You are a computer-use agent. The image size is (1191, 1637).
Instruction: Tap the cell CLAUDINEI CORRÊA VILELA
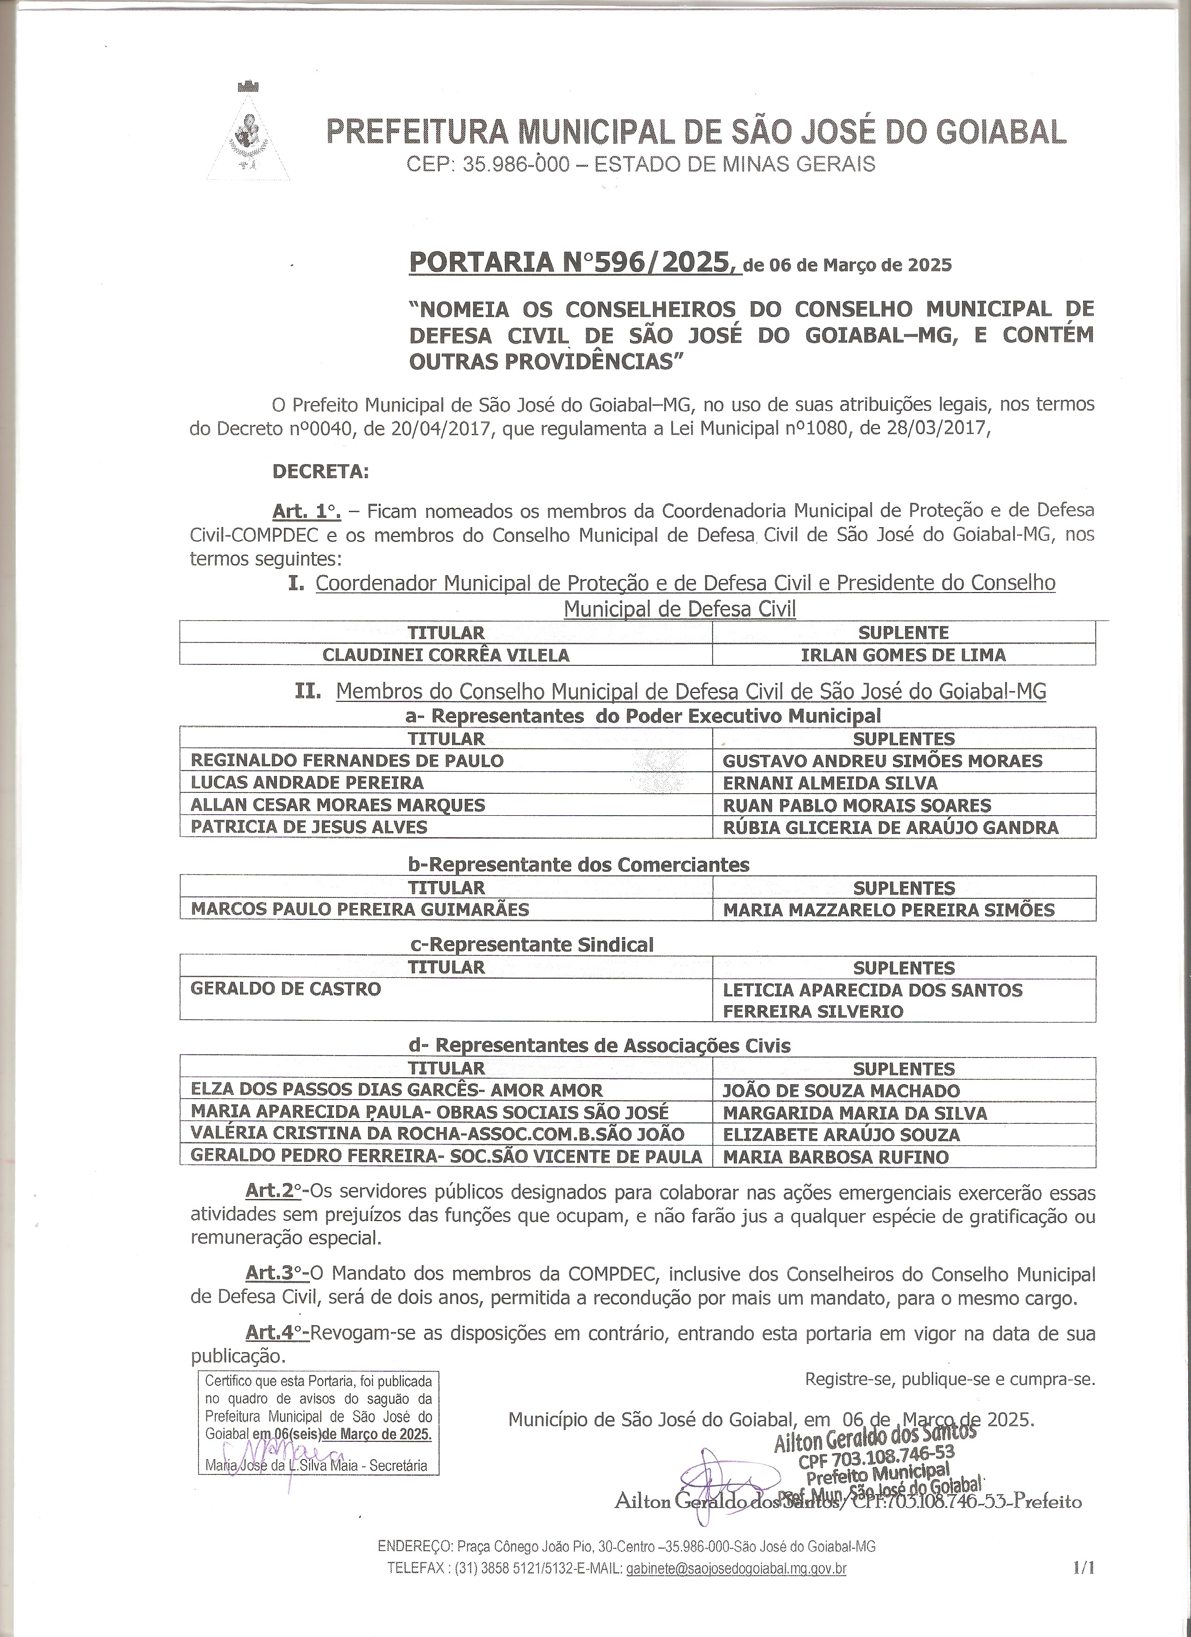pos(446,656)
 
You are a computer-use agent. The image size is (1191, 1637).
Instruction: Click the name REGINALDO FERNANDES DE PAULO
pos(347,761)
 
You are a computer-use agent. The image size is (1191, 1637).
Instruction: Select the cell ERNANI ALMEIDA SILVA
pos(830,783)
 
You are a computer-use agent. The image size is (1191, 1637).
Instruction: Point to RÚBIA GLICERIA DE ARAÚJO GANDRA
pos(891,827)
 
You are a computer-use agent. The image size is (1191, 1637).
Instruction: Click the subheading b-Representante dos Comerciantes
pos(578,865)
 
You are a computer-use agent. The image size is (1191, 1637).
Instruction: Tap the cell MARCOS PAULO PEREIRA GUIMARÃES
pos(360,910)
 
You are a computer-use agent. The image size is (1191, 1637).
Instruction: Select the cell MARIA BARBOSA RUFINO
pos(836,1157)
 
